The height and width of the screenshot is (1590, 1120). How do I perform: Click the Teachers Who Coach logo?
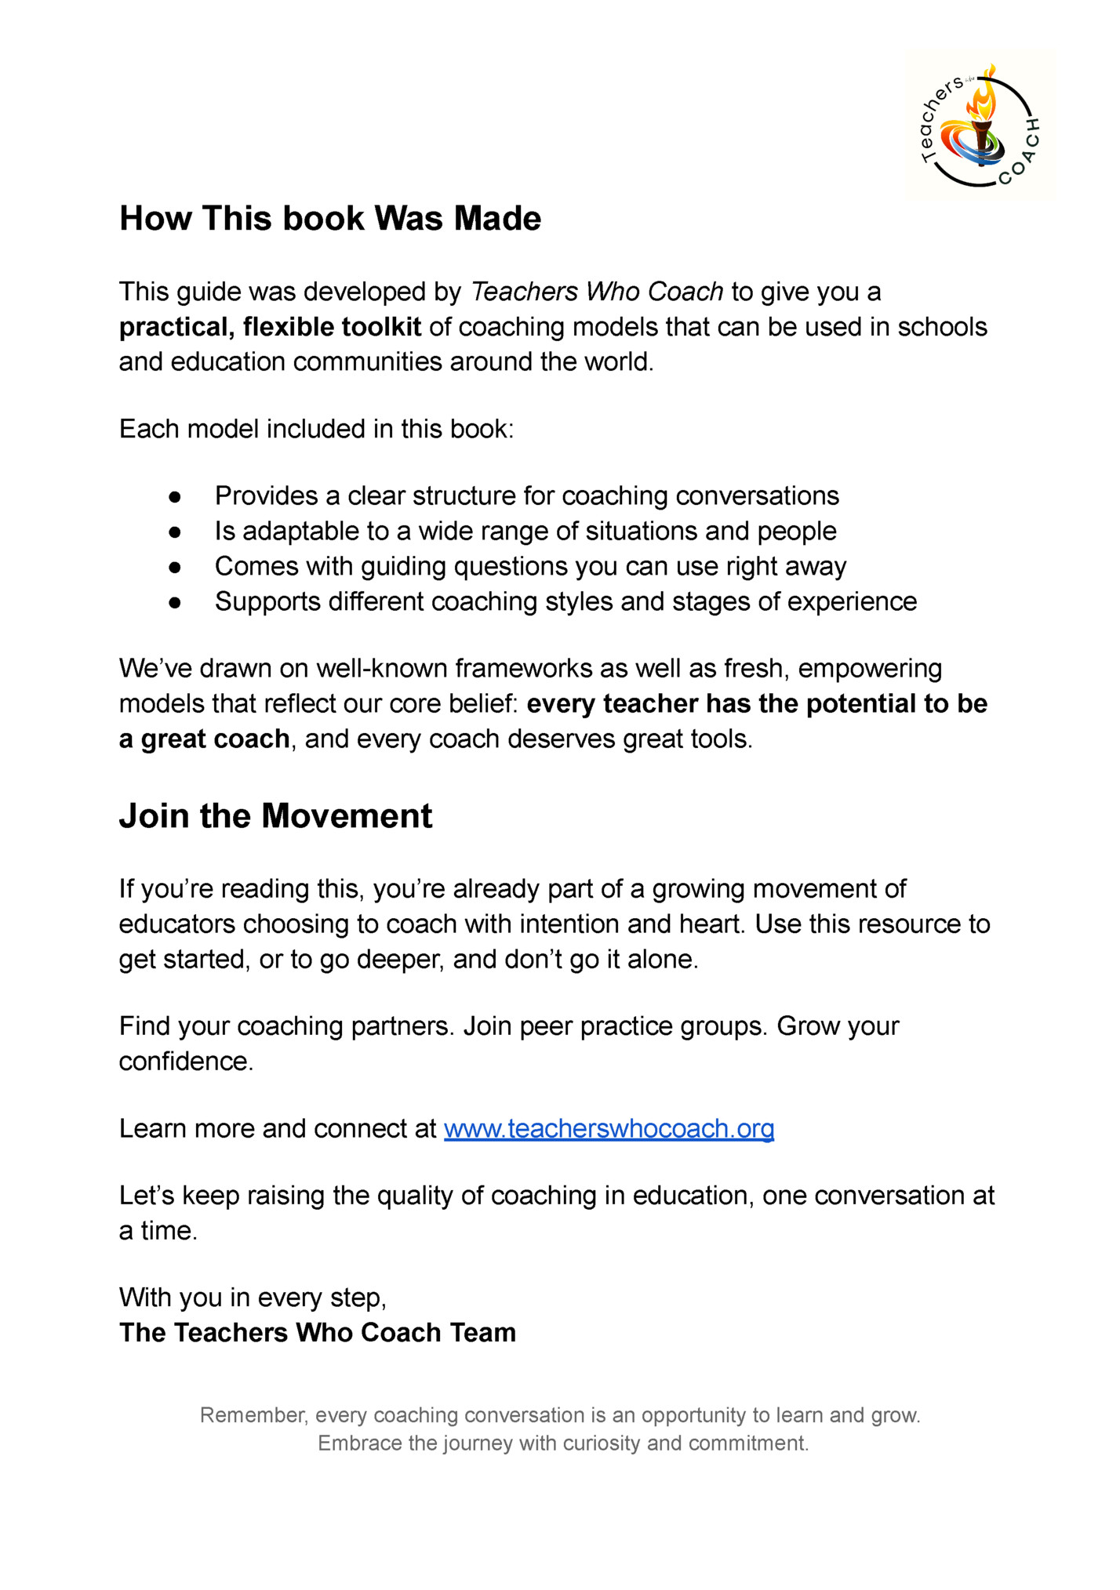click(x=980, y=125)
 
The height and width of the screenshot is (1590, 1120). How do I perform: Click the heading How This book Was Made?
click(x=330, y=219)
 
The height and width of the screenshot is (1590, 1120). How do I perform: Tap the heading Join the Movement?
click(x=275, y=816)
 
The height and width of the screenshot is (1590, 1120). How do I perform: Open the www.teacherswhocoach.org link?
click(x=609, y=1128)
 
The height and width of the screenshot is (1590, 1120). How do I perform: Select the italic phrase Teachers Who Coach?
click(x=597, y=292)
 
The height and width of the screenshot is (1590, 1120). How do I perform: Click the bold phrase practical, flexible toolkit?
click(x=270, y=327)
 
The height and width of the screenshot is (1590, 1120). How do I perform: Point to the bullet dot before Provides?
click(x=175, y=497)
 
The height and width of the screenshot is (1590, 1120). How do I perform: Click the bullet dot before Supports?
click(x=175, y=603)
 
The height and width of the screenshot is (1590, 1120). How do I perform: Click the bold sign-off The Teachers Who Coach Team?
click(x=318, y=1333)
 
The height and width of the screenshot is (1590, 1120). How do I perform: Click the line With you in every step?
click(x=253, y=1298)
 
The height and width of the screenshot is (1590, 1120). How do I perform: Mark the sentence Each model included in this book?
click(x=316, y=430)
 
